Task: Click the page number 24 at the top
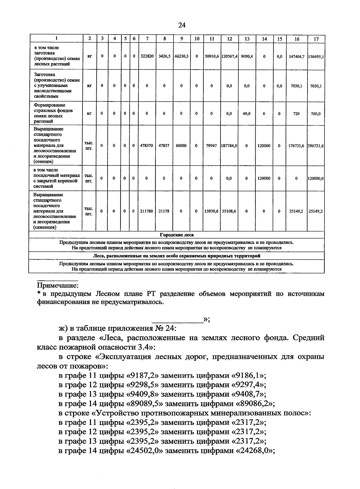pyautogui.click(x=182, y=25)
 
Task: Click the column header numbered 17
pyautogui.click(x=316, y=39)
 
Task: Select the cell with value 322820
pyautogui.click(x=147, y=56)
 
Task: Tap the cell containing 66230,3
pyautogui.click(x=181, y=56)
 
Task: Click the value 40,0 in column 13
pyautogui.click(x=247, y=114)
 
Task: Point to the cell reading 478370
pyautogui.click(x=147, y=146)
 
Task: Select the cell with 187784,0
pyautogui.click(x=229, y=146)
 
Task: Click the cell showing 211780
pyautogui.click(x=147, y=211)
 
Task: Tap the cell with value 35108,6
pyautogui.click(x=229, y=211)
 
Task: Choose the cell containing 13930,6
pyautogui.click(x=211, y=211)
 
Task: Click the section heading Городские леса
pyautogui.click(x=177, y=235)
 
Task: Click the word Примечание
pyautogui.click(x=57, y=285)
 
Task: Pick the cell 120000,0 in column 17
pyautogui.click(x=316, y=178)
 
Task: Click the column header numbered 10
pyautogui.click(x=196, y=39)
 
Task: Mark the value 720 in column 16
pyautogui.click(x=296, y=114)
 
